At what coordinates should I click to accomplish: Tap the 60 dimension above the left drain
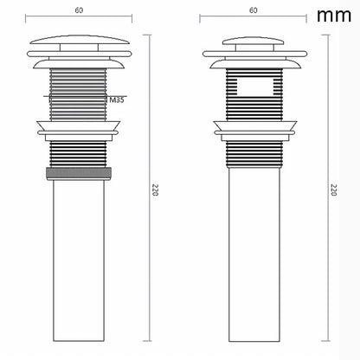[x=79, y=11]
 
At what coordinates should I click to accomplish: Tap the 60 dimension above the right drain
[x=254, y=11]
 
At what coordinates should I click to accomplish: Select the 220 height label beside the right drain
[x=333, y=190]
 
